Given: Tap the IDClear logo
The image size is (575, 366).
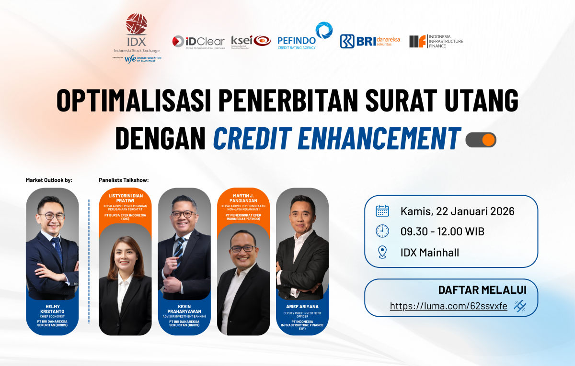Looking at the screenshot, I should (198, 42).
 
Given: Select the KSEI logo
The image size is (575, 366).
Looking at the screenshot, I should (251, 42).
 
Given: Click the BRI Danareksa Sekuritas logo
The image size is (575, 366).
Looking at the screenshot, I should (369, 42).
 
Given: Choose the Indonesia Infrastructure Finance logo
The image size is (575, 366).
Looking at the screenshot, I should (436, 41).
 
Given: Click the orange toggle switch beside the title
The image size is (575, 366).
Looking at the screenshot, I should (481, 140).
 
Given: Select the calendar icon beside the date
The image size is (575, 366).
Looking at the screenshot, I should (382, 211).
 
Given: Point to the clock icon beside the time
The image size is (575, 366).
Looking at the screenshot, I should (382, 231).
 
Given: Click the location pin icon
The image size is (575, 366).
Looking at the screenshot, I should (382, 252).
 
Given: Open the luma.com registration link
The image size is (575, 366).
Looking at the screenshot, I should (448, 306).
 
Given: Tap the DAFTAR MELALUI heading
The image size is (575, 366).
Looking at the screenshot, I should (482, 289).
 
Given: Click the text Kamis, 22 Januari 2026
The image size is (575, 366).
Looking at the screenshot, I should (457, 211).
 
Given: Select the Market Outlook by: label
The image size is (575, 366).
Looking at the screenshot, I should (49, 180).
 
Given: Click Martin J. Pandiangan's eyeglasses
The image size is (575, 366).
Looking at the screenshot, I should (243, 249).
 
